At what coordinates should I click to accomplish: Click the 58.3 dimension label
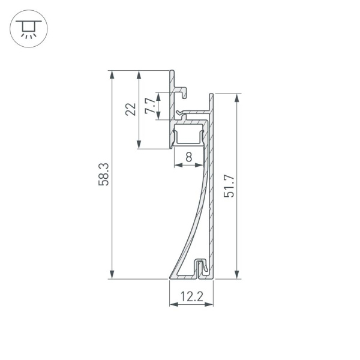(x=104, y=174)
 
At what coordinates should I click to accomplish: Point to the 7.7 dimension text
(x=151, y=106)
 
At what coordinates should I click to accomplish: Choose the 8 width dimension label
(x=188, y=158)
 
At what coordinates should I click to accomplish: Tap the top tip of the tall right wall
(x=211, y=95)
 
